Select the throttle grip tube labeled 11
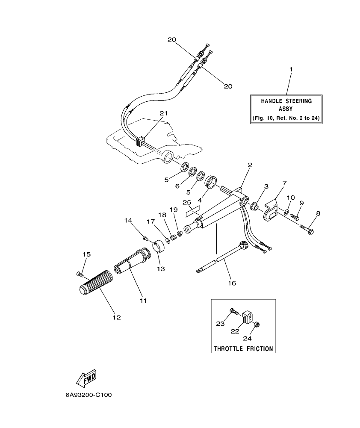tap(130, 263)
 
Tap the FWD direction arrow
tap(86, 377)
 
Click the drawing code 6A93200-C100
tap(89, 395)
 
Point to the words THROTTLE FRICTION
tap(243, 348)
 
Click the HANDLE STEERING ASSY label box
tap(286, 109)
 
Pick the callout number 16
tap(232, 283)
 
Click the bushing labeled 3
tap(254, 207)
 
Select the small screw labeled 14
tap(145, 238)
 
